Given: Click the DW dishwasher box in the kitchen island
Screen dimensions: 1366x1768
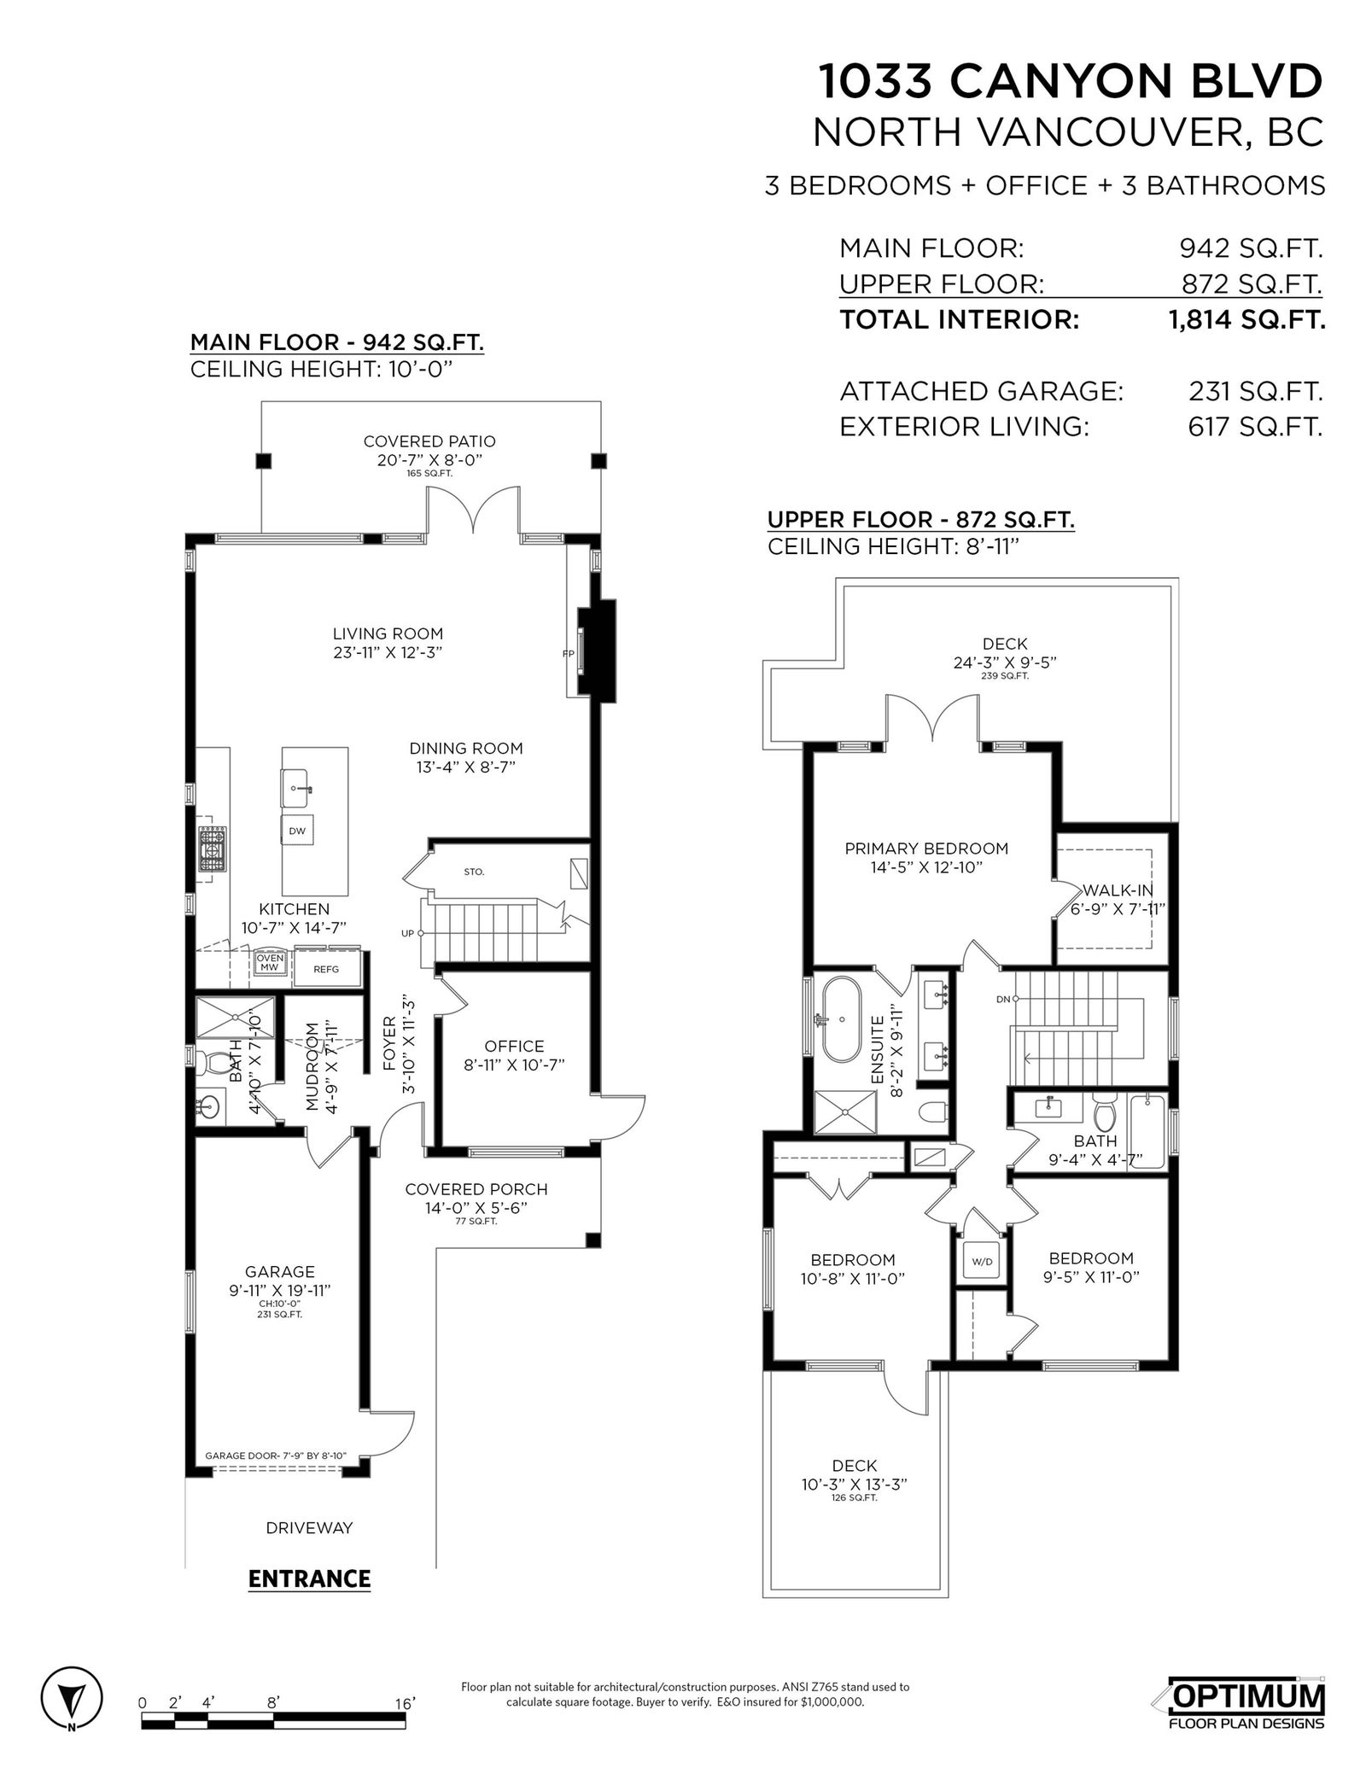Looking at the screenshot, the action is click(297, 830).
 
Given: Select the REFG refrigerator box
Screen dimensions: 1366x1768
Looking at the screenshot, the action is click(326, 969).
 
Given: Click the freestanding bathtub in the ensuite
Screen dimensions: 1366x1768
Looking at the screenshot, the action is click(841, 1019).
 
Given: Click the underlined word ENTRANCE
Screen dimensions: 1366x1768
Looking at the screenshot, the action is click(309, 1578).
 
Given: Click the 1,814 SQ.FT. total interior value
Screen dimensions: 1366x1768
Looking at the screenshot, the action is click(1246, 320).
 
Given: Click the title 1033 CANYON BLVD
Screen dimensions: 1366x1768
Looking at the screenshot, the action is click(1071, 82).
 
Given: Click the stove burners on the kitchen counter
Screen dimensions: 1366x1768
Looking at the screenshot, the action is click(213, 849).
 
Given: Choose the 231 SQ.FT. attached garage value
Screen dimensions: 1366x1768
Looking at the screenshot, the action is click(1256, 392).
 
